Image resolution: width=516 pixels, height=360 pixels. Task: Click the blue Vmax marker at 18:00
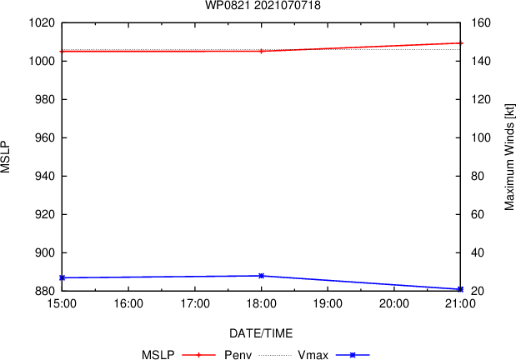(262, 276)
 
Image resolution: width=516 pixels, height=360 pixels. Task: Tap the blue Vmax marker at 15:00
(63, 277)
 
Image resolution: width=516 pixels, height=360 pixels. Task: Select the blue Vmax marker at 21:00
(460, 289)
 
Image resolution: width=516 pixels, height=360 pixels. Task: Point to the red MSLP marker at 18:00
(262, 51)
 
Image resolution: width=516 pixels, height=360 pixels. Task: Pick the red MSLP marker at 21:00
(460, 42)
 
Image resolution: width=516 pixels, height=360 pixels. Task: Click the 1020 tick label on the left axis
(41, 23)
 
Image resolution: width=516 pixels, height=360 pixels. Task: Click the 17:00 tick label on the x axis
(195, 305)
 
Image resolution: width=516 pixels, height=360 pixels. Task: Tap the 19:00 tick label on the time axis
(328, 305)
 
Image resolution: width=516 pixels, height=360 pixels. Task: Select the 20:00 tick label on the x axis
(393, 305)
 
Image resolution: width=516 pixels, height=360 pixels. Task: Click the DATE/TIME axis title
(261, 333)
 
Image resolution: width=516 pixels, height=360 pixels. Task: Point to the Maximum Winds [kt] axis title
(508, 157)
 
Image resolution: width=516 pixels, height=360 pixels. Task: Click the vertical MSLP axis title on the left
(7, 157)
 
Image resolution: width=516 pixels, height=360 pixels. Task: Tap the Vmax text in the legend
(312, 355)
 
